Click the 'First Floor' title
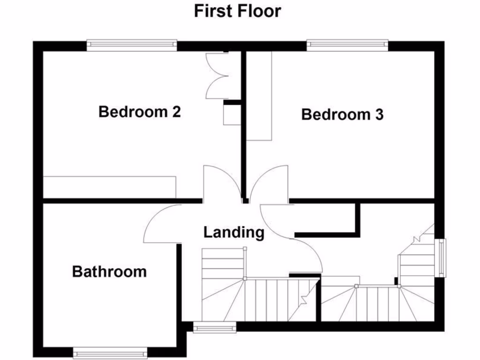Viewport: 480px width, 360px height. [238, 11]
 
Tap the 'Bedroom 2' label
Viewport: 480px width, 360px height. [140, 112]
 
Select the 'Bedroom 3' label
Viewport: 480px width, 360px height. [342, 114]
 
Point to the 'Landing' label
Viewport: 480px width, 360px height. [234, 232]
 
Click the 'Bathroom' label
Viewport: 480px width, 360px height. [109, 271]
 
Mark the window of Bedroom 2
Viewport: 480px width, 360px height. [132, 45]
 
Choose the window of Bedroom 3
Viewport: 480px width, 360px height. [347, 45]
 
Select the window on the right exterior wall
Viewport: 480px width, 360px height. [441, 258]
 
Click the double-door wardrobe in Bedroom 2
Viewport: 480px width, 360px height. [217, 75]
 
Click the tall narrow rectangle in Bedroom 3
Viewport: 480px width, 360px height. [259, 96]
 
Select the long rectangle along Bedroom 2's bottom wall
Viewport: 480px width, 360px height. [109, 187]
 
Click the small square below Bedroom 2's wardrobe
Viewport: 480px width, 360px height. [232, 115]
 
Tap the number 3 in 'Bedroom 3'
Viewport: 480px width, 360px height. [379, 114]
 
